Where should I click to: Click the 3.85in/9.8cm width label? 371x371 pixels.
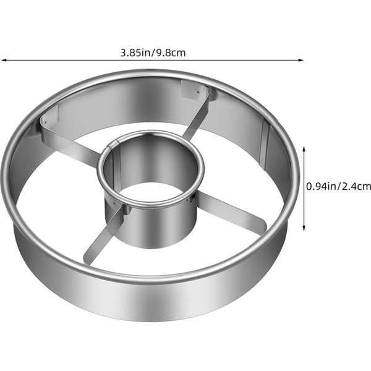click(x=153, y=53)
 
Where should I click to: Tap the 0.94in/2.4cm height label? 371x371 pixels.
click(x=339, y=187)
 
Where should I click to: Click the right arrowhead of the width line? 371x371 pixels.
click(x=301, y=60)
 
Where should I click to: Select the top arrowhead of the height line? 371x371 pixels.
click(x=304, y=149)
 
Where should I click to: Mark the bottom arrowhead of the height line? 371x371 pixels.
click(x=304, y=228)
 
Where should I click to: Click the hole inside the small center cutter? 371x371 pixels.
click(x=151, y=193)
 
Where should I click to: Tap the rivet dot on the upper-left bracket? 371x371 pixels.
click(x=45, y=122)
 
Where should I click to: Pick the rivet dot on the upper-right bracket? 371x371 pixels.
click(x=198, y=92)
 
